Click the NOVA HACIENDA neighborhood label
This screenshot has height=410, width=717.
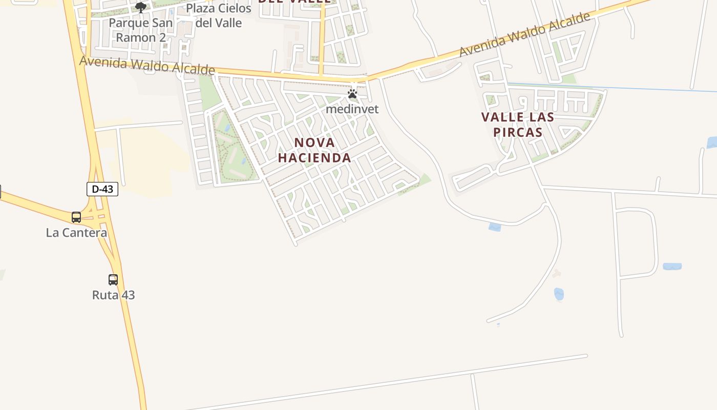click(314, 150)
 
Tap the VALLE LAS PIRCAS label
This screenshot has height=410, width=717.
click(518, 125)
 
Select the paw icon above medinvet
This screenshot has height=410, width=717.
click(352, 94)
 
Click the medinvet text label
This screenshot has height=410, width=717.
click(352, 109)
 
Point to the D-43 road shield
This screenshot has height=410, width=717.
click(102, 189)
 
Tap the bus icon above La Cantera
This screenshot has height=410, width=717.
click(76, 217)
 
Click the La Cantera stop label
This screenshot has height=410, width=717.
click(77, 233)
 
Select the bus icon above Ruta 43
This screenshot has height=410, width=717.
click(113, 280)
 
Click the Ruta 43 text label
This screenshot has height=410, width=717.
click(114, 295)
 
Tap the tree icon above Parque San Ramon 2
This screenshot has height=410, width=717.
click(141, 7)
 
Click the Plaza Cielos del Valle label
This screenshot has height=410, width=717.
click(219, 15)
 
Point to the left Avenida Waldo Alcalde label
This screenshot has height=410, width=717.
click(147, 65)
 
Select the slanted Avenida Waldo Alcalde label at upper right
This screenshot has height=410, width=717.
click(524, 35)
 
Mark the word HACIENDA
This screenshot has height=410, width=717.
click(314, 158)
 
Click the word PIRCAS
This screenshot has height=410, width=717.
click(518, 132)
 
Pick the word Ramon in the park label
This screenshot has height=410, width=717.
click(136, 37)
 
